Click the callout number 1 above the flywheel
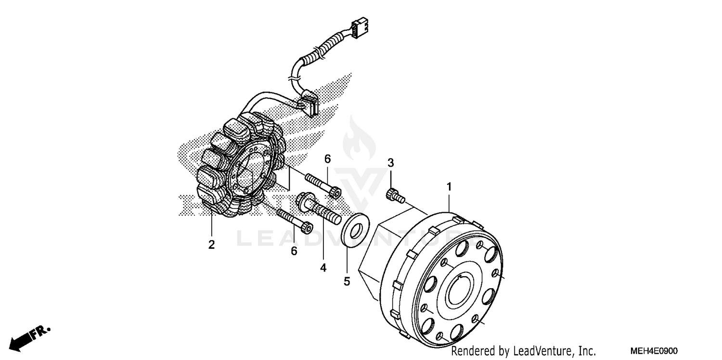[449, 186]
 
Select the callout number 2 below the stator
[211, 244]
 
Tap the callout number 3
[391, 162]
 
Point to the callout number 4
[323, 268]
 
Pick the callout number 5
[347, 282]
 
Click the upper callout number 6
[327, 159]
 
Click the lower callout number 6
[294, 251]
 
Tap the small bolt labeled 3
[395, 195]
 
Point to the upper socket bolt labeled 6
[323, 186]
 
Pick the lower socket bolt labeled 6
[295, 222]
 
